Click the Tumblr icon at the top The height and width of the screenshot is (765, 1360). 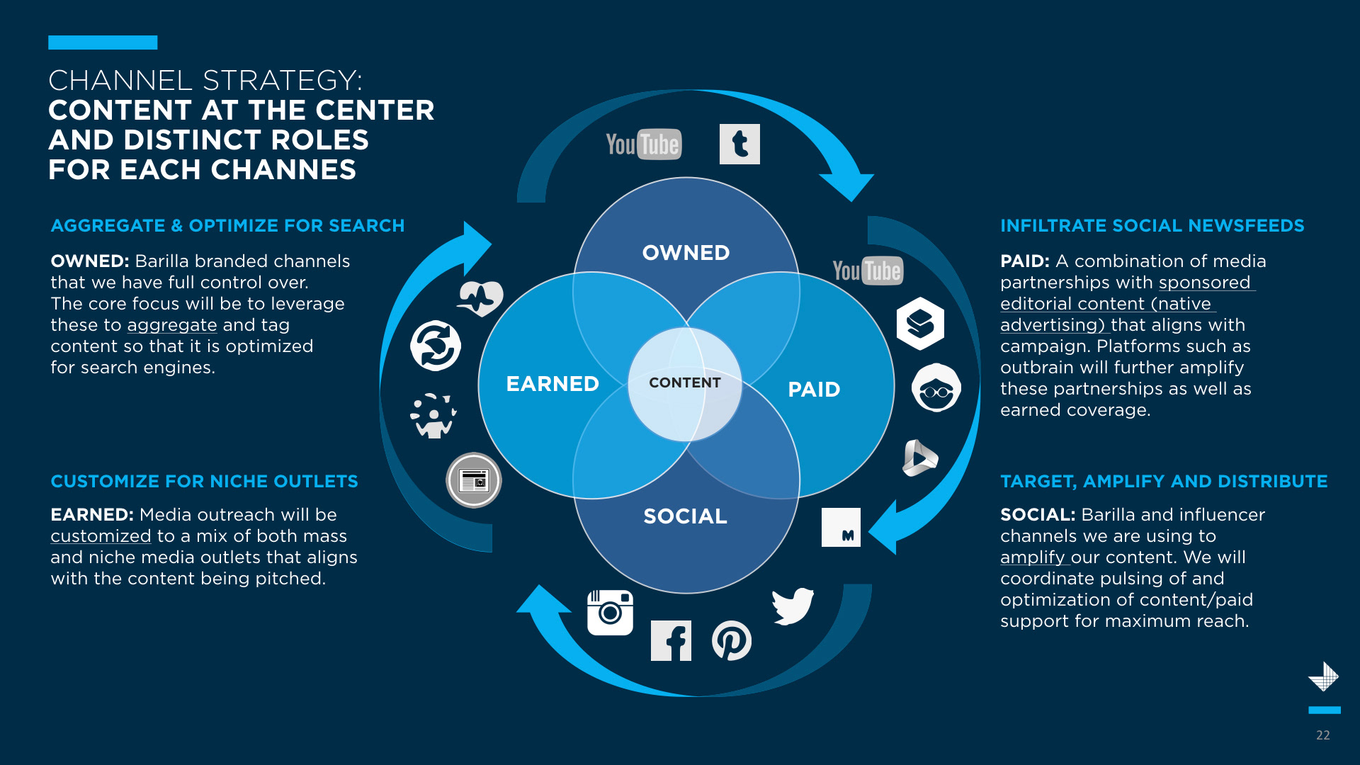(739, 144)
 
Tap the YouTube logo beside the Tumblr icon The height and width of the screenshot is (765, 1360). (643, 144)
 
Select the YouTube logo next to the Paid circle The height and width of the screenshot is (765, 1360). (868, 271)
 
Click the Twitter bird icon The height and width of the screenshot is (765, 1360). (793, 606)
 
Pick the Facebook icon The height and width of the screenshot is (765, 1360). (671, 641)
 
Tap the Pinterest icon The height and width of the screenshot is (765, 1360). (732, 641)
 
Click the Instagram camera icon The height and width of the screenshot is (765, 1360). (610, 613)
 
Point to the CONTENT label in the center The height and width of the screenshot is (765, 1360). (685, 383)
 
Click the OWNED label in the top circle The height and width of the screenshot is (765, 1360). (686, 253)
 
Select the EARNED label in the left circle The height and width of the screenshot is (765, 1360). (552, 384)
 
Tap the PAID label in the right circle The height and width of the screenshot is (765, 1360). (814, 390)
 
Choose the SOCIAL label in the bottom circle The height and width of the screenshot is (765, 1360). (685, 516)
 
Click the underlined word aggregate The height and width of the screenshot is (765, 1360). (172, 325)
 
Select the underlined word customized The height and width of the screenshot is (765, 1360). (101, 536)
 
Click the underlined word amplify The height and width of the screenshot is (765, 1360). (1032, 557)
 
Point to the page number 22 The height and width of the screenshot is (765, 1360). (1322, 735)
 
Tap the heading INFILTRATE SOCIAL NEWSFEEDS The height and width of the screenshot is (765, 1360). (1152, 226)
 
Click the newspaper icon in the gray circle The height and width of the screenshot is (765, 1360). (474, 480)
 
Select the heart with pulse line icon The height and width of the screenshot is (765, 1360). (480, 298)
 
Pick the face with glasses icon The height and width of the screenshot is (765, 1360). (936, 388)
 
